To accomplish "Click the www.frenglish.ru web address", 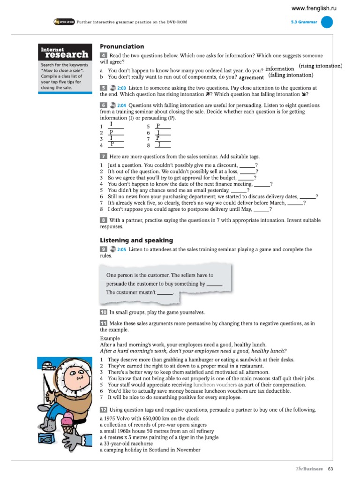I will coord(314,8).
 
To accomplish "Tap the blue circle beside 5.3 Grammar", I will coord(327,22).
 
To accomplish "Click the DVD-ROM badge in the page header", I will coord(64,22).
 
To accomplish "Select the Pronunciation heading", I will coord(122,46).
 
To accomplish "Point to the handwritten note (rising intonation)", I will coord(320,66).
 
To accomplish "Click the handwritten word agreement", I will coord(251,77).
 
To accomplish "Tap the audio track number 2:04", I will coord(122,105).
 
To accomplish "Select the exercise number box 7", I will coord(103,157).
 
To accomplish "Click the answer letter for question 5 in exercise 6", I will coord(158,126).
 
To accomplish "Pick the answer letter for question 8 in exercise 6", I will coord(159,145).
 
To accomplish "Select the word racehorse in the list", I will coord(146,443).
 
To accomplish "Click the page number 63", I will coord(330,469).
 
